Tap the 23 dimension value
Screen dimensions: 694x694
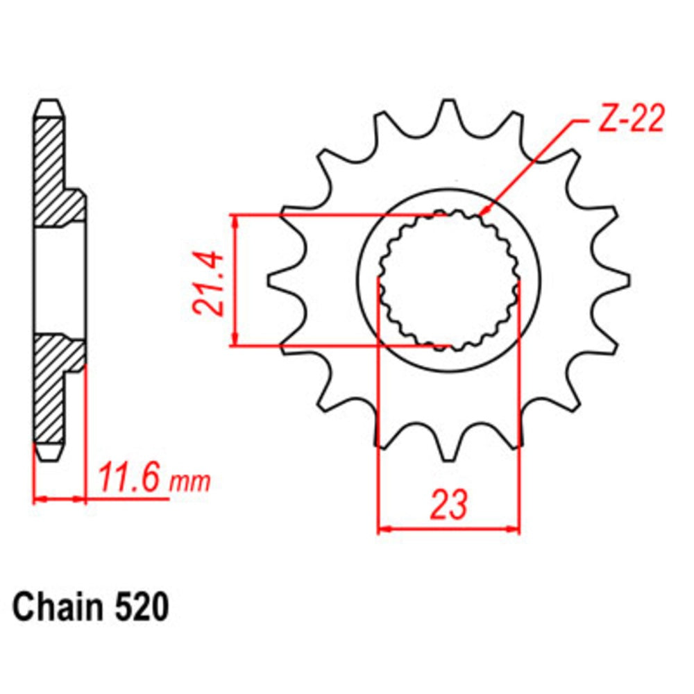[x=448, y=505]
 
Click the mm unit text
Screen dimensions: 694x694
[x=190, y=481]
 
